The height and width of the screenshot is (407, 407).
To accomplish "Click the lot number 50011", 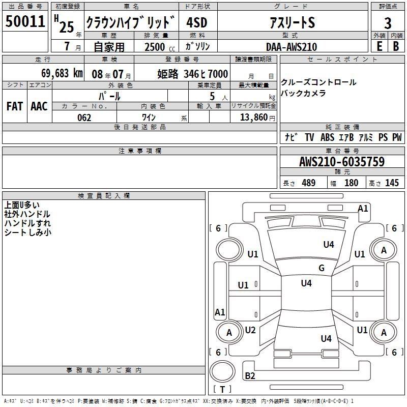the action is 25,21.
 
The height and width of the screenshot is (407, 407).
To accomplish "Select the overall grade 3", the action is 388,23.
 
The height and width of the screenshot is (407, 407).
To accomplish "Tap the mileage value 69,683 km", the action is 62,73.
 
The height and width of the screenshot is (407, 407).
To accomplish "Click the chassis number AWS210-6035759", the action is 342,161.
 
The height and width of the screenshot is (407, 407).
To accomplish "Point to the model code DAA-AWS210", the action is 292,47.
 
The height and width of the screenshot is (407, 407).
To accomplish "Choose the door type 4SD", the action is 197,22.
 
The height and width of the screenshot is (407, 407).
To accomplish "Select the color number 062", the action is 84,118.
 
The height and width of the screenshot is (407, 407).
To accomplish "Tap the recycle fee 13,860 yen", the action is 257,118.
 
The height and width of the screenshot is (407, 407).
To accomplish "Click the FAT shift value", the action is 15,106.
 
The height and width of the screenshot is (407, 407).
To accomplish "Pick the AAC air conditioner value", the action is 39,106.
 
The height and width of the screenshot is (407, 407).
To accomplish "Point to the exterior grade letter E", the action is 379,46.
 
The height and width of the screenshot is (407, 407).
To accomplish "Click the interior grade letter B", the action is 396,46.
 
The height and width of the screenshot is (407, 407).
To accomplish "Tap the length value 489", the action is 308,183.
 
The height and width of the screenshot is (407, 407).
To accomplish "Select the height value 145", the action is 392,183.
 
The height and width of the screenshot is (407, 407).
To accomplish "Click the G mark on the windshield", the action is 322,268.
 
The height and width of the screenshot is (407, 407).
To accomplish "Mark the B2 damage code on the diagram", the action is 250,375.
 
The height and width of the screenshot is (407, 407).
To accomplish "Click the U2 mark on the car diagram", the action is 250,330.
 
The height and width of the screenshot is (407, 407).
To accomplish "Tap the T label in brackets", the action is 222,389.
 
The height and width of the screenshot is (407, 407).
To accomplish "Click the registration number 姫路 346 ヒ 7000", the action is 193,74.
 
